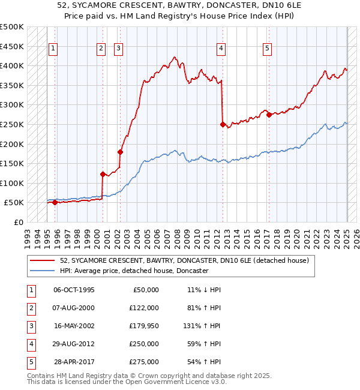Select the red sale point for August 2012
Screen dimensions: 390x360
[x=223, y=125]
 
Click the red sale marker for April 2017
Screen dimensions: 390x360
[x=269, y=115]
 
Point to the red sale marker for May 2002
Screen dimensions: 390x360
[x=120, y=152]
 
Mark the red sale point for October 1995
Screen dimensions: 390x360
[x=55, y=202]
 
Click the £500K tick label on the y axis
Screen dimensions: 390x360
[x=12, y=27]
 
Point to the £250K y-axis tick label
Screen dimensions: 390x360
[x=12, y=124]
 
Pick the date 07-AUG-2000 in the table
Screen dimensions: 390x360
[x=74, y=308]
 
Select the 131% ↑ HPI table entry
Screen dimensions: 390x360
[x=203, y=326]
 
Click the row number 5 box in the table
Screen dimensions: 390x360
[x=30, y=362]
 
